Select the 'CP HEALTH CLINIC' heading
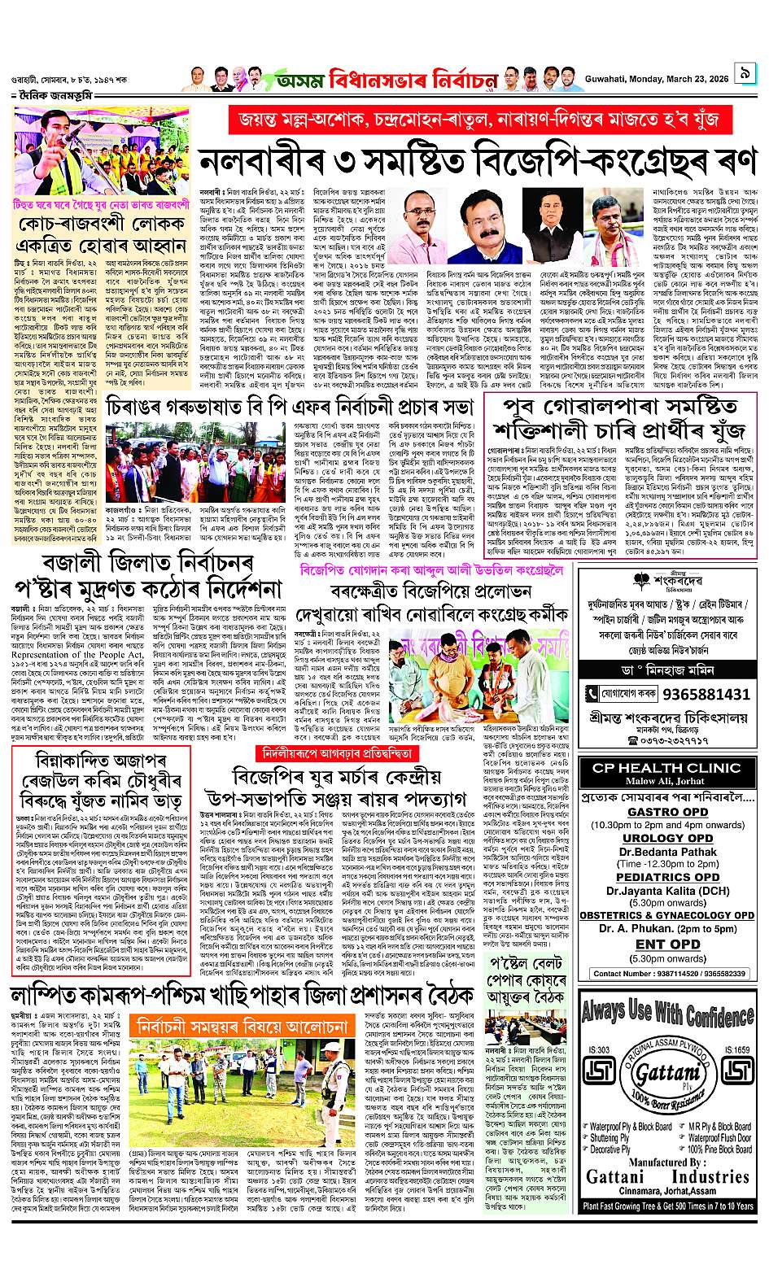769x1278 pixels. pyautogui.click(x=666, y=768)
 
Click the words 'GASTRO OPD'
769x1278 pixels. pyautogui.click(x=667, y=811)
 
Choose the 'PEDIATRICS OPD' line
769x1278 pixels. pyautogui.click(x=667, y=877)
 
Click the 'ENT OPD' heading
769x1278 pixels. pyautogui.click(x=667, y=944)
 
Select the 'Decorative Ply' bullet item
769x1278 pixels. pyautogui.click(x=610, y=1149)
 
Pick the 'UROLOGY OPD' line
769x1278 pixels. pyautogui.click(x=667, y=838)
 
